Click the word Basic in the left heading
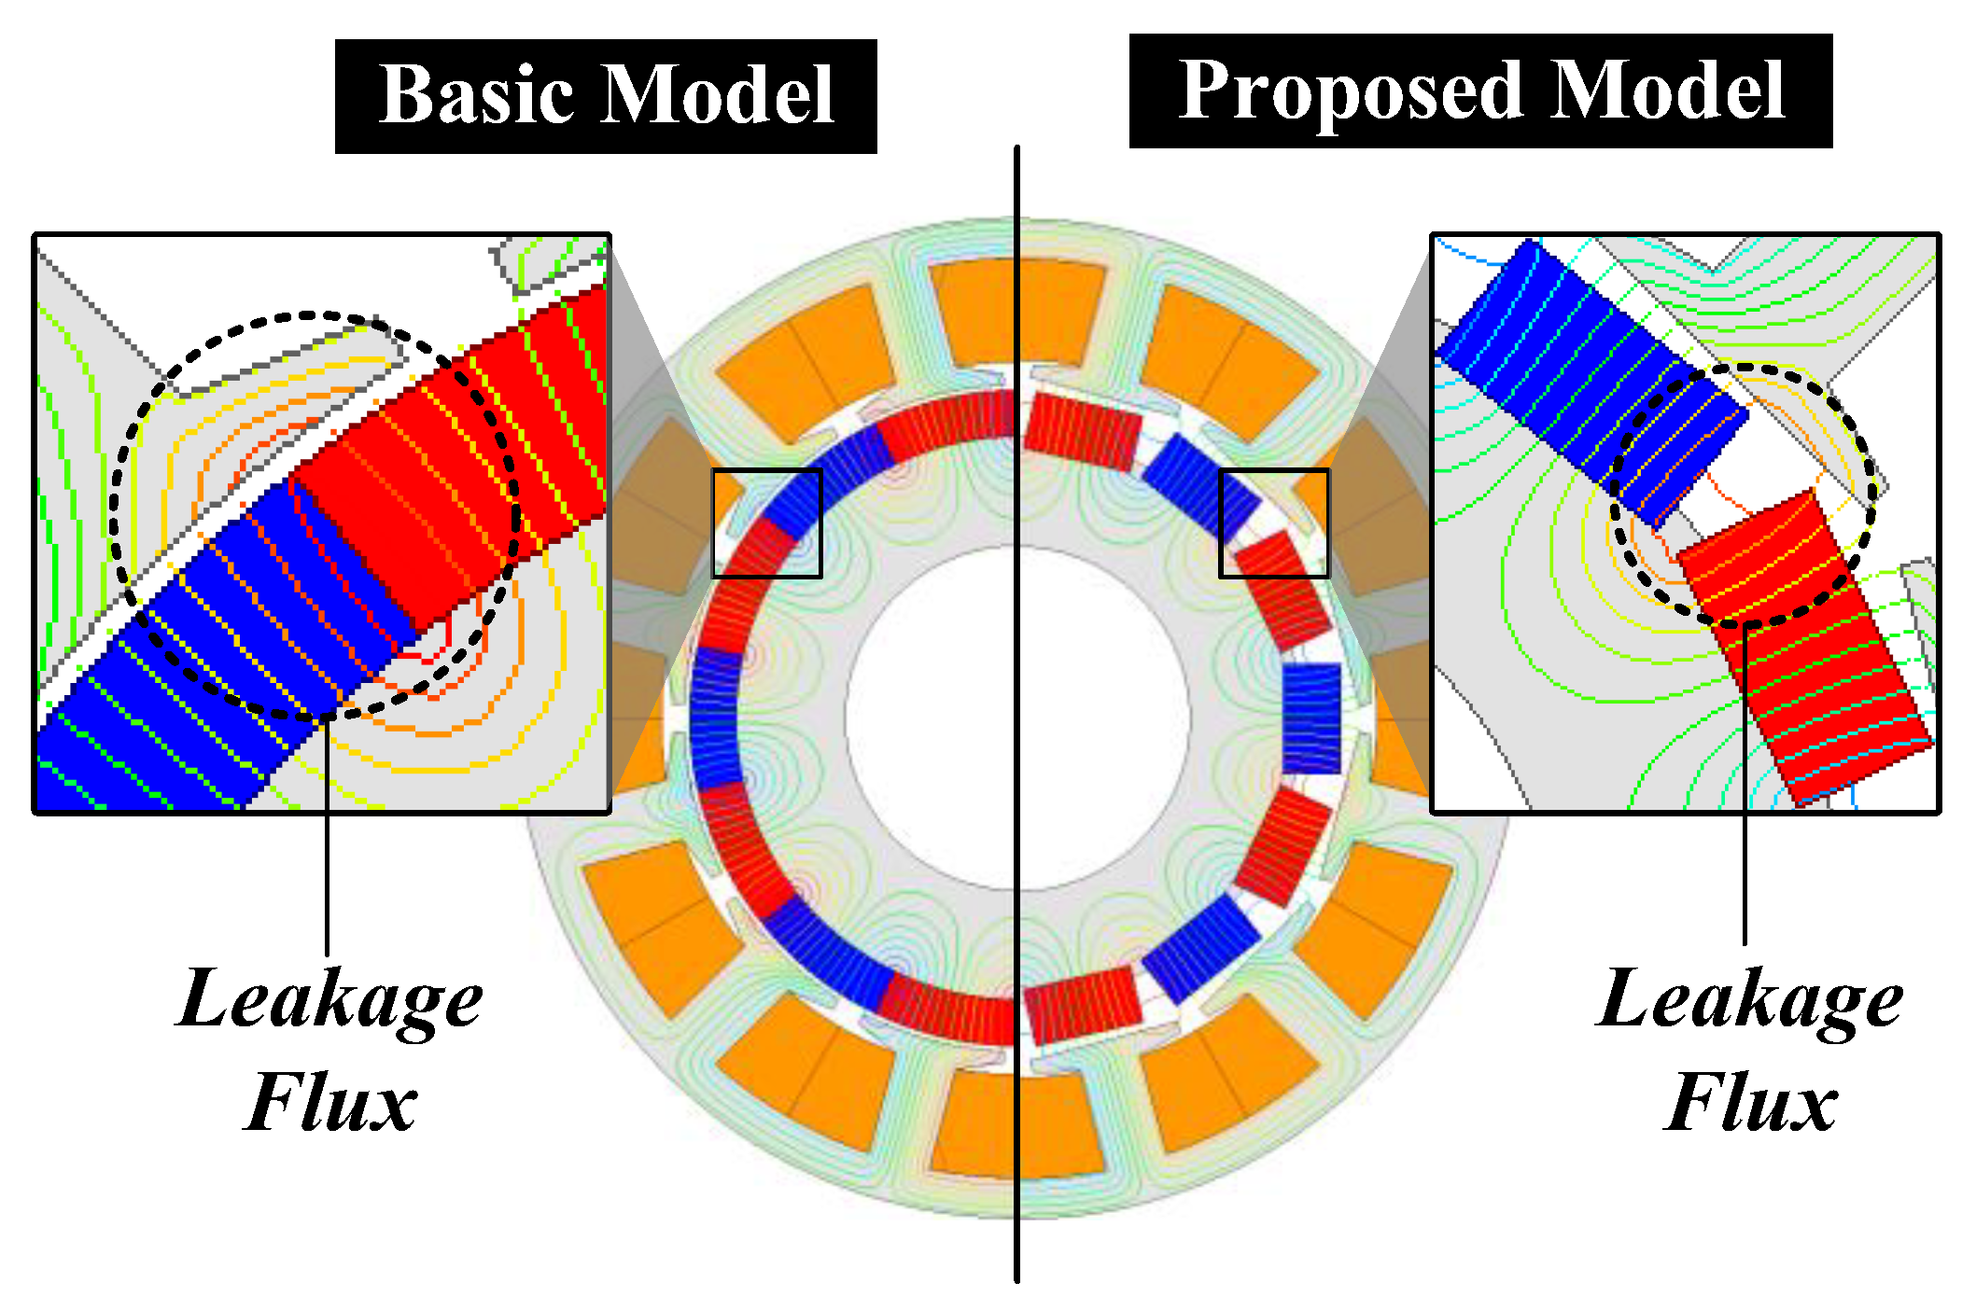(x=476, y=96)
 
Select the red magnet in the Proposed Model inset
(x=1801, y=653)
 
